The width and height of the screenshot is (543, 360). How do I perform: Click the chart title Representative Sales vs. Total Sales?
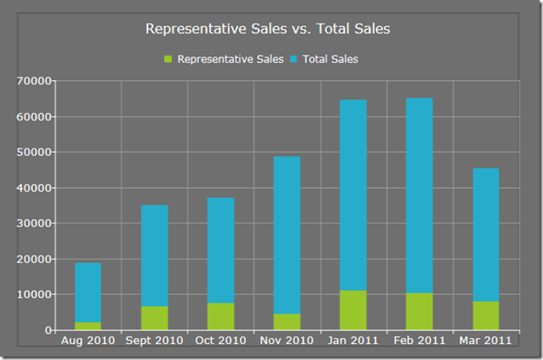coord(267,29)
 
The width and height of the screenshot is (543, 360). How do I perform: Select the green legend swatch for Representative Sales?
coord(168,59)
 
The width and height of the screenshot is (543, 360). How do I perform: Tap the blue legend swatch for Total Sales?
coord(293,59)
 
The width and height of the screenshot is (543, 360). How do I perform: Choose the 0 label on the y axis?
coord(48,330)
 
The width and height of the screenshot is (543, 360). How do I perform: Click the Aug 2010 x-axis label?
coord(88,341)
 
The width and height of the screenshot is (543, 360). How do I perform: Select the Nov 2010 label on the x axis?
coord(287,341)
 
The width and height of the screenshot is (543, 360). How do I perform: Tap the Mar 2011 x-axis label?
coord(486,341)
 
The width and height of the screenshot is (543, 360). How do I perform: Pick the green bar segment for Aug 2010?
coord(88,325)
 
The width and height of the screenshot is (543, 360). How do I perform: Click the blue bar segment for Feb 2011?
coord(419,194)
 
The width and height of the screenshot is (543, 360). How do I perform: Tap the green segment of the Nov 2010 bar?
coord(287,321)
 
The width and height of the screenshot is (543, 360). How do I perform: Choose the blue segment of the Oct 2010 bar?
coord(221,250)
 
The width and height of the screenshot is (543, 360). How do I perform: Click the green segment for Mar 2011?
coord(486,315)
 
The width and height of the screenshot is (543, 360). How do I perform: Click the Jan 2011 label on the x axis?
coord(353,341)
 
